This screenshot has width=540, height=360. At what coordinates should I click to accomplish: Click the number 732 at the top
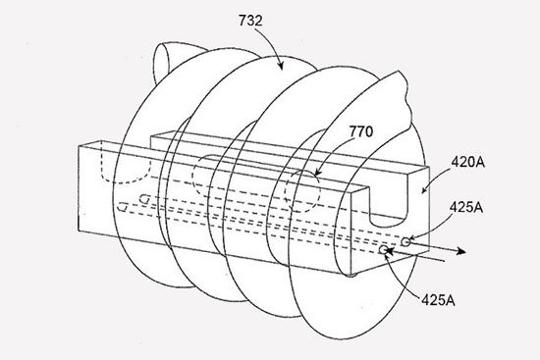pyautogui.click(x=250, y=21)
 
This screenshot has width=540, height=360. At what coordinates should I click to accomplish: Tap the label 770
pyautogui.click(x=361, y=131)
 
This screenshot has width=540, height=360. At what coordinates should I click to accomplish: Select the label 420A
pyautogui.click(x=467, y=162)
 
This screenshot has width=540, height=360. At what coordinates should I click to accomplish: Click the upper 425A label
pyautogui.click(x=466, y=207)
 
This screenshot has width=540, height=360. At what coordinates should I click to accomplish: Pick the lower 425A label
pyautogui.click(x=438, y=300)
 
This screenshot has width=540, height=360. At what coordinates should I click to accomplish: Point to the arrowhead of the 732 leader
pyautogui.click(x=281, y=66)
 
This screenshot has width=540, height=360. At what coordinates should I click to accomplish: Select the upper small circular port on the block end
pyautogui.click(x=405, y=242)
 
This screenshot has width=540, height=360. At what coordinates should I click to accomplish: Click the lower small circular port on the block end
pyautogui.click(x=383, y=249)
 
